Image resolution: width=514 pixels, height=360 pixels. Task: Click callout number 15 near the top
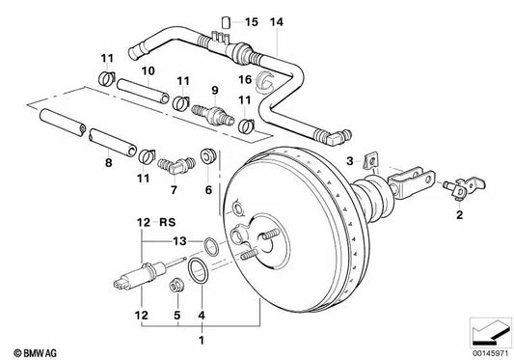click(x=252, y=21)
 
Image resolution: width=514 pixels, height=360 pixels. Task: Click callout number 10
click(x=149, y=71)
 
